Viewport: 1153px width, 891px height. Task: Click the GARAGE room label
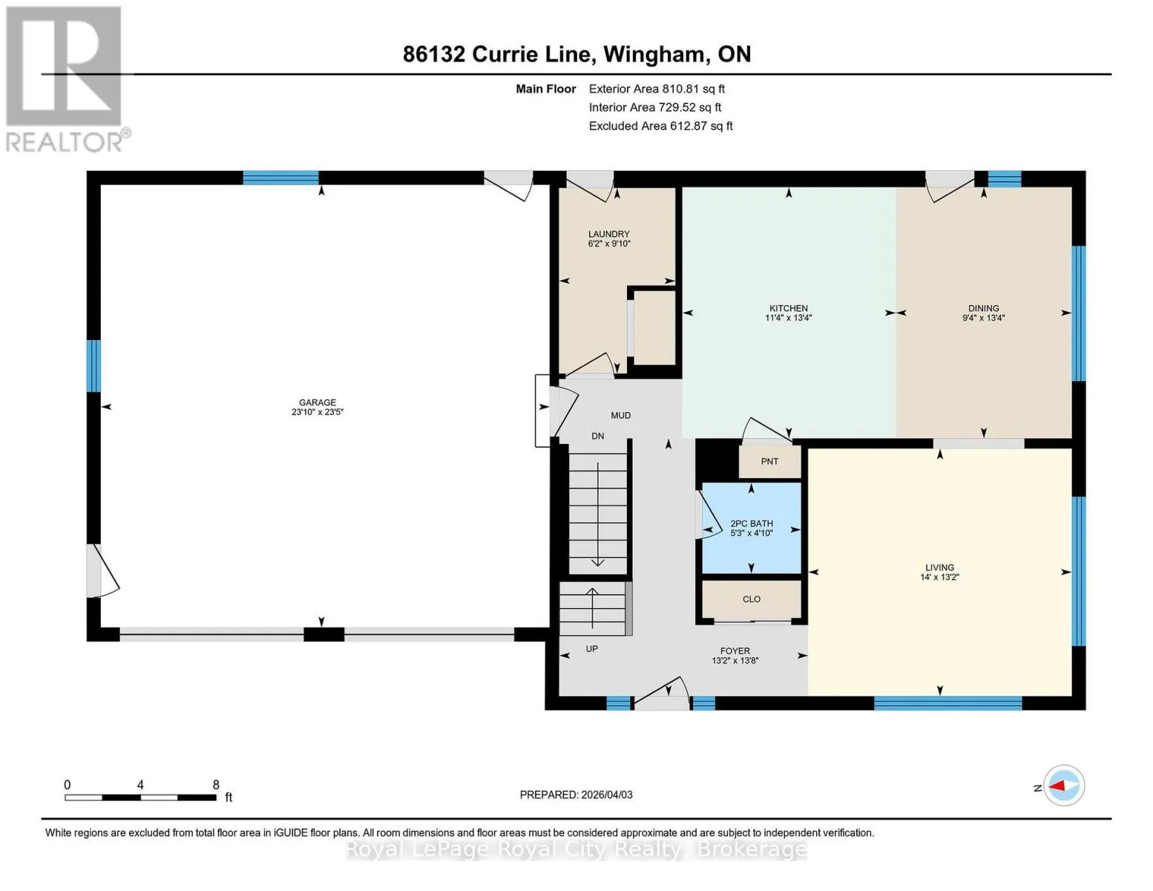coord(318,402)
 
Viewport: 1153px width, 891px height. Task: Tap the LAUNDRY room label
coord(608,234)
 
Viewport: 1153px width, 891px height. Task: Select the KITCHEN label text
coord(789,308)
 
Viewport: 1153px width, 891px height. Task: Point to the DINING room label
coord(983,308)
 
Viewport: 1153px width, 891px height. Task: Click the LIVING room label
coord(940,567)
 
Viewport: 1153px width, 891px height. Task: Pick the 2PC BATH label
coord(752,523)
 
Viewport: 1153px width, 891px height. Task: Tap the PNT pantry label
coord(769,461)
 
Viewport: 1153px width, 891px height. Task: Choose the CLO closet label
coord(752,599)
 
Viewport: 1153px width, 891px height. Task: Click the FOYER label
coord(735,650)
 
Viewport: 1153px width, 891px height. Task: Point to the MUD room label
coord(620,415)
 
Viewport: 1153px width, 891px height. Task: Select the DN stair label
coord(597,436)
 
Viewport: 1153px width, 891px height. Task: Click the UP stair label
coord(591,648)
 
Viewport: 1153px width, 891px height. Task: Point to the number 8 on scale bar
coord(216,784)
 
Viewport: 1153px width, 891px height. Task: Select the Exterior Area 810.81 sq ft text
coord(657,88)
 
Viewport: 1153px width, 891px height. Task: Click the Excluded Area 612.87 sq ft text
coord(660,125)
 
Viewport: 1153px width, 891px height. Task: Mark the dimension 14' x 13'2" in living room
coord(940,577)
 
